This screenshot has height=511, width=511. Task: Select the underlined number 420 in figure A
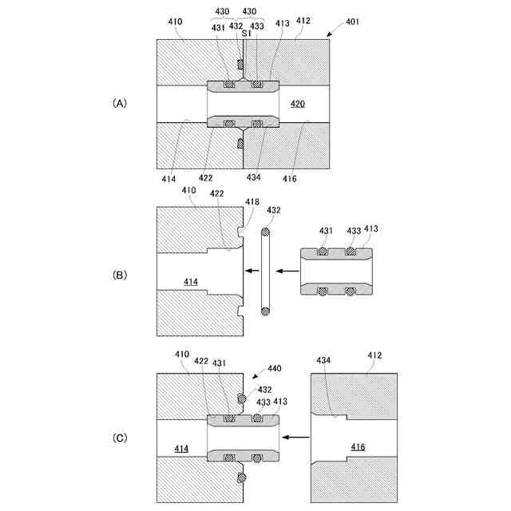point(296,104)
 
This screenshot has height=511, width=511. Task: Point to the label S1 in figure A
point(247,34)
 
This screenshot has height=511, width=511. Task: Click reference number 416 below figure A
point(289,179)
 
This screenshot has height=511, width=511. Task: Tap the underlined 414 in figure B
point(191,281)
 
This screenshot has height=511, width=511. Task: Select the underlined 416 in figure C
point(358,448)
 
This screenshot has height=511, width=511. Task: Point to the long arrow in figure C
point(298,437)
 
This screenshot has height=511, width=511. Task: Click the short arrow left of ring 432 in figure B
point(252,271)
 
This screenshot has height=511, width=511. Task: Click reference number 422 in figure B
point(216,192)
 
